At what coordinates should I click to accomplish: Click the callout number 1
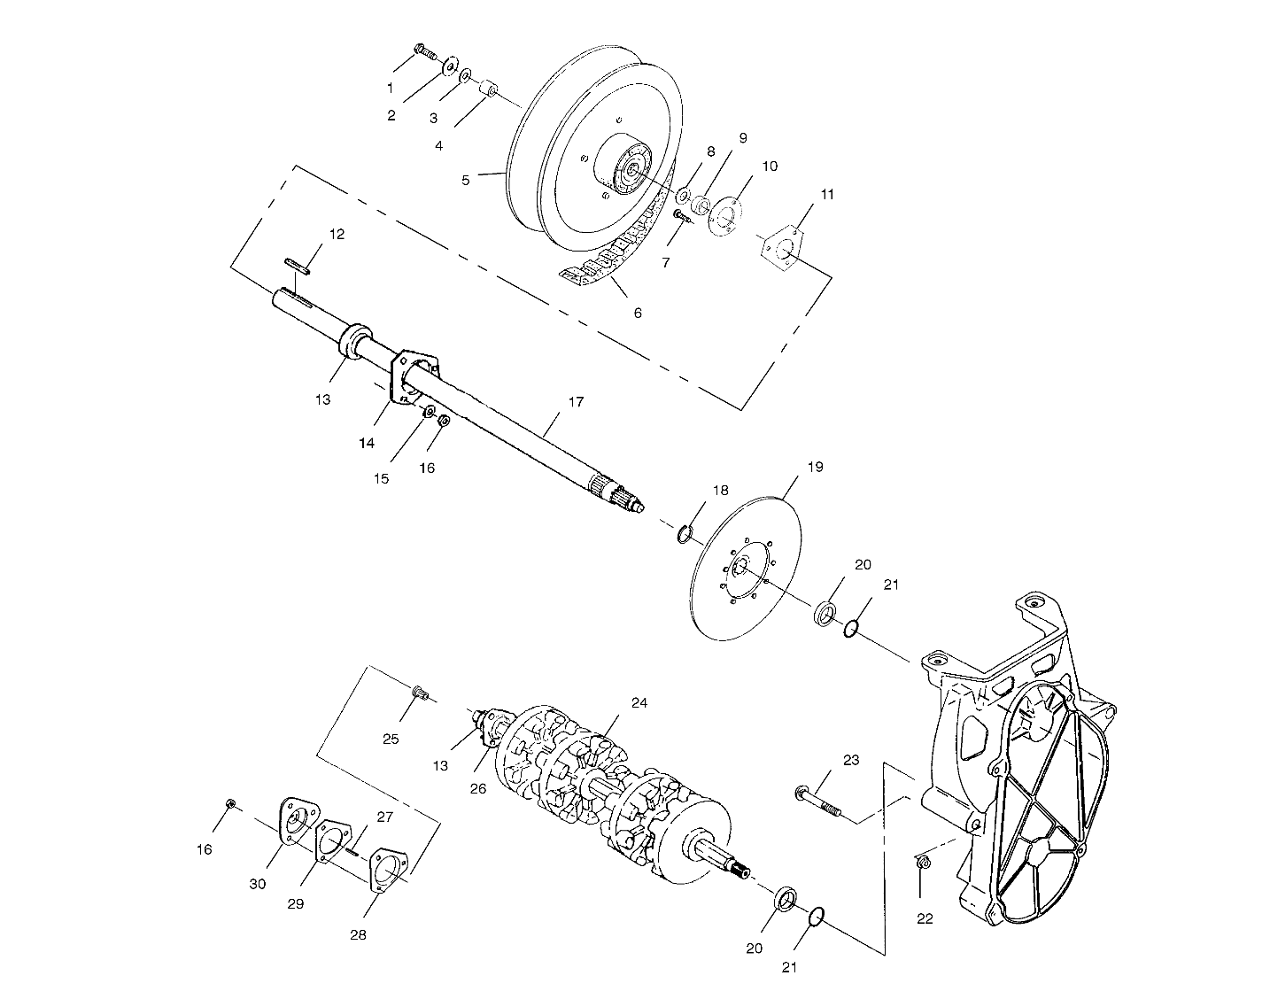tap(390, 88)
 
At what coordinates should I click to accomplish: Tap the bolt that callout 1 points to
tap(424, 51)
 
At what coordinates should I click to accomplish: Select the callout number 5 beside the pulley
tap(466, 180)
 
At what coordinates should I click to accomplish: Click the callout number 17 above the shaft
tap(576, 402)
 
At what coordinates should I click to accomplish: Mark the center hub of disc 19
tap(742, 568)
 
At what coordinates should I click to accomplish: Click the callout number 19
tap(815, 466)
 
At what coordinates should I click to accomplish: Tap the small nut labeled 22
tap(921, 861)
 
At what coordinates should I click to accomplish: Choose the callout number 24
tap(639, 702)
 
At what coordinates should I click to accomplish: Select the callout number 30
tap(257, 884)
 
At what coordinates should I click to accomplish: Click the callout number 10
tap(770, 165)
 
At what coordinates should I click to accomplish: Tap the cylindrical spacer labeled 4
tap(487, 90)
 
